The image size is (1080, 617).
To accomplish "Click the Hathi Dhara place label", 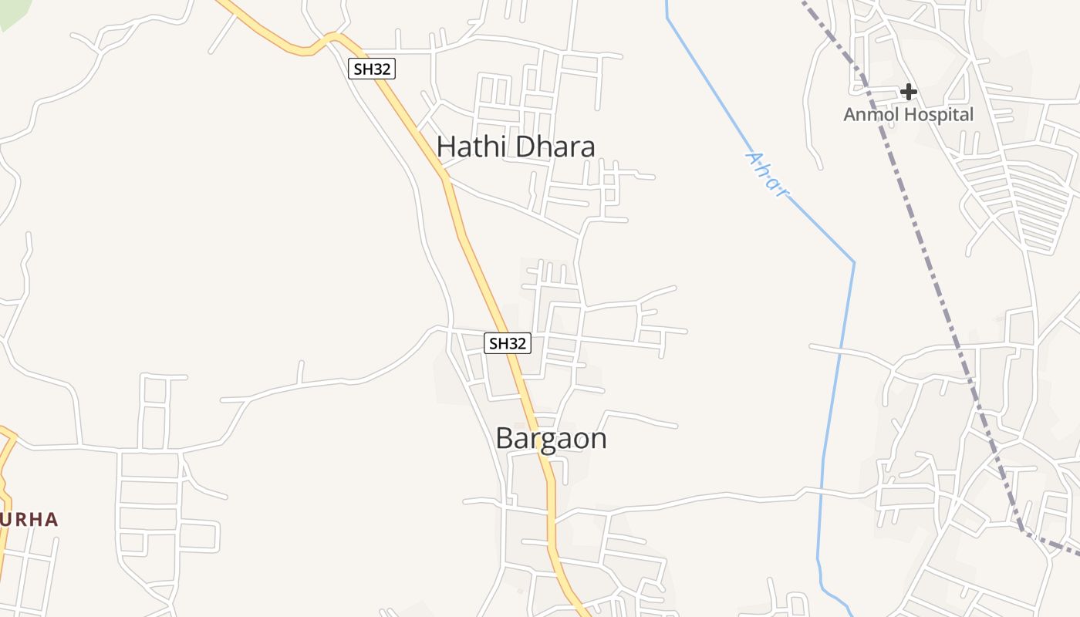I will [515, 147].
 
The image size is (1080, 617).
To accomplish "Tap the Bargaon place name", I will [551, 439].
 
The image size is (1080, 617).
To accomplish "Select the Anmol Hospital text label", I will [908, 115].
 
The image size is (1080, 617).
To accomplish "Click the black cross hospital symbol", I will [909, 92].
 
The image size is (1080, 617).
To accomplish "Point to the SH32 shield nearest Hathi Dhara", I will [372, 69].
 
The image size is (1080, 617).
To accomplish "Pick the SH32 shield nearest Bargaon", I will [508, 343].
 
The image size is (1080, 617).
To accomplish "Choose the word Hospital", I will [938, 115].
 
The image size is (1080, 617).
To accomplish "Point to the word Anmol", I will [871, 115].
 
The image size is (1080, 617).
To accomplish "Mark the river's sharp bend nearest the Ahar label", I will [854, 262].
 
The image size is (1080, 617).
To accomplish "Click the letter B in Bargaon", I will [505, 439].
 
